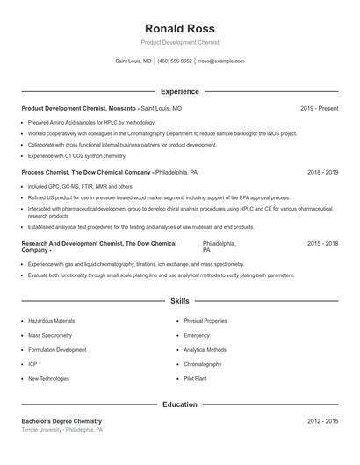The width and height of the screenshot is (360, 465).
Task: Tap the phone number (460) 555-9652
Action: pos(175,61)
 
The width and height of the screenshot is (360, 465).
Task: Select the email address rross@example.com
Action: pos(221,61)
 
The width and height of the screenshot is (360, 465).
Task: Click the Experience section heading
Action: pos(180,91)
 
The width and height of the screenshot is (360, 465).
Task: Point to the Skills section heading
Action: pos(180,301)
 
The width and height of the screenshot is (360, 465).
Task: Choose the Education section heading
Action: pos(180,404)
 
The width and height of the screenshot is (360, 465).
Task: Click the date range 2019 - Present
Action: pos(319,108)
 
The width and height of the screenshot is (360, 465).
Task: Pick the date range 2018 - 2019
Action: pos(322,173)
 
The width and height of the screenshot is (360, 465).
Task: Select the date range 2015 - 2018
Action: pos(322,243)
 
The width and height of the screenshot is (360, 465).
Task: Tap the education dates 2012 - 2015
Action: pos(322,422)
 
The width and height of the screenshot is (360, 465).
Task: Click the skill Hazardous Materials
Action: pos(52,321)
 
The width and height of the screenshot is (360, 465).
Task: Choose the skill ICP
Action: pos(32,364)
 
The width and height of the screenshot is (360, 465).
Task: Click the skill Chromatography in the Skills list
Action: pos(203,364)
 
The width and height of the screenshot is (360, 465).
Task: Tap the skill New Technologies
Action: pos(48,378)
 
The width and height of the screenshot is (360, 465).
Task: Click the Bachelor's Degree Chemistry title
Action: pos(61,422)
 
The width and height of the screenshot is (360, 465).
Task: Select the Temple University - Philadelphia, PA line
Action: pos(62,431)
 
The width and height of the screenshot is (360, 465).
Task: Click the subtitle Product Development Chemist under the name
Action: pos(180,42)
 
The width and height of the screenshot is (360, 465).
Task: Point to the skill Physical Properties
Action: pos(205,321)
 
